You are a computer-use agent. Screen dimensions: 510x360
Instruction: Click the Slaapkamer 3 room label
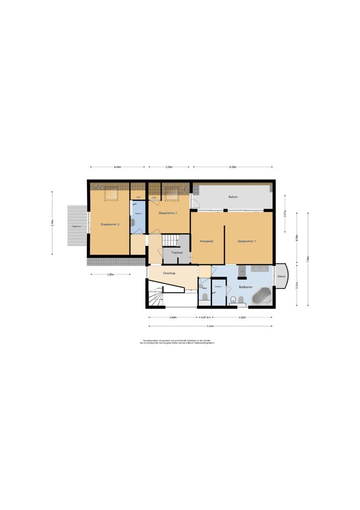[109, 224]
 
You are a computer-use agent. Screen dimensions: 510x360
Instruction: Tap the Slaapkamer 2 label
[167, 213]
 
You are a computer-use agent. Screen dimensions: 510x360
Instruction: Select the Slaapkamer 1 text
[247, 241]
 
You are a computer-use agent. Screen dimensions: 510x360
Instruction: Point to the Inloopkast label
[207, 241]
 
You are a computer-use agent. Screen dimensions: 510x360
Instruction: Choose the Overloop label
[169, 273]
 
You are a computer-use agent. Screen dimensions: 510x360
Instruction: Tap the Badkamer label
[245, 287]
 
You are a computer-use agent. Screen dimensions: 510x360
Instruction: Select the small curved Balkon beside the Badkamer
[281, 276]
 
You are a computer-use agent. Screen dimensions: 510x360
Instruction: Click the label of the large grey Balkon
[233, 196]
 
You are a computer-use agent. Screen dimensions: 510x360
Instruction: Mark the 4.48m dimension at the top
[117, 167]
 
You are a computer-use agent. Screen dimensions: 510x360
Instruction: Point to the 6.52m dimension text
[233, 167]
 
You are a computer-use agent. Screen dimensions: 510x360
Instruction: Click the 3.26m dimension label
[169, 167]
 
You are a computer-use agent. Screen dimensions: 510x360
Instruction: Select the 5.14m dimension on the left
[53, 223]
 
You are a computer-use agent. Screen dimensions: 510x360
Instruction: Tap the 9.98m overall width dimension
[210, 326]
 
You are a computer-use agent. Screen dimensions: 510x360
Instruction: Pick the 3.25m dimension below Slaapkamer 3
[110, 274]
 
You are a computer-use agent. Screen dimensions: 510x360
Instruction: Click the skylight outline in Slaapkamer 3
[111, 193]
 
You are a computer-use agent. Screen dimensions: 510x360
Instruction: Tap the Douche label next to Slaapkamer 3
[138, 213]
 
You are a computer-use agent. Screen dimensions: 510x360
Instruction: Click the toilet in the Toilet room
[205, 296]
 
